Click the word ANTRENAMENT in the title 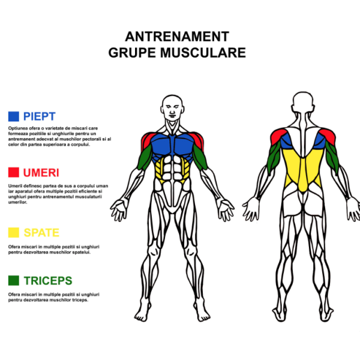point(177,37)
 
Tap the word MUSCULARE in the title point(203,53)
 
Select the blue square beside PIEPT point(14,116)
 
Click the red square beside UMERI point(14,172)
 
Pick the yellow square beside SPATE point(14,232)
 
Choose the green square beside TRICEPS point(14,280)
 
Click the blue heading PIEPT point(40,116)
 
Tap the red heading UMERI point(41,173)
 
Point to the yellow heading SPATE point(41,233)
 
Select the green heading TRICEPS point(48,281)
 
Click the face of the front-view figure point(172,110)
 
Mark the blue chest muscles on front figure point(173,145)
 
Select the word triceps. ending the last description point(80,300)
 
